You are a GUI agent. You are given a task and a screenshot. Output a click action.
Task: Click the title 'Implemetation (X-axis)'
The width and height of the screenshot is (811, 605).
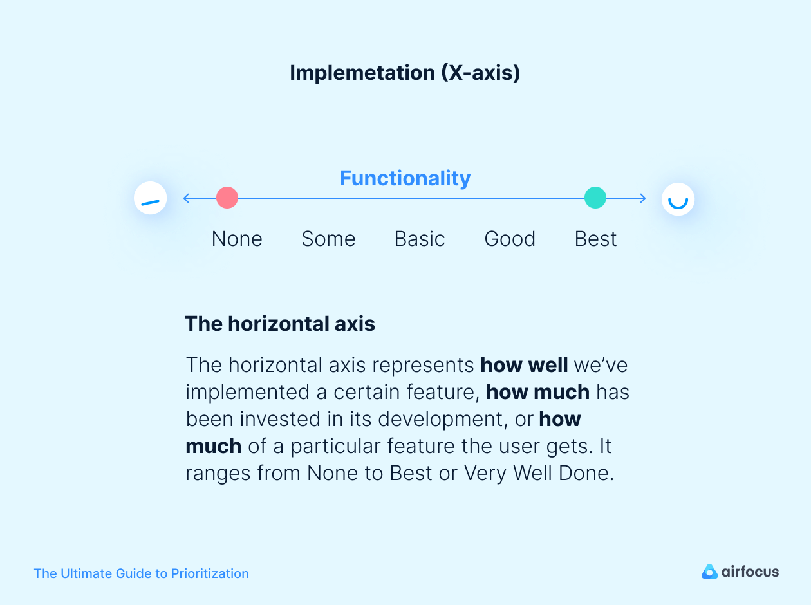(x=405, y=73)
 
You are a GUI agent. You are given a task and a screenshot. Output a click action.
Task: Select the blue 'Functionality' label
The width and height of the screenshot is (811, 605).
(x=405, y=178)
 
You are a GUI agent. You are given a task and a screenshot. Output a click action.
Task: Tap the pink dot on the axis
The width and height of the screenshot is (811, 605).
(x=227, y=198)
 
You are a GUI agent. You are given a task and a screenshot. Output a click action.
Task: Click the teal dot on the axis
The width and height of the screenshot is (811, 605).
(x=595, y=198)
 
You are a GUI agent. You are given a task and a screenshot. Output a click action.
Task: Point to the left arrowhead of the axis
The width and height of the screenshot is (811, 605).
(x=186, y=198)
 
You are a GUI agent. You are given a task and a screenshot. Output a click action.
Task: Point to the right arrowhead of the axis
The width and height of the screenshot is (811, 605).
(x=642, y=198)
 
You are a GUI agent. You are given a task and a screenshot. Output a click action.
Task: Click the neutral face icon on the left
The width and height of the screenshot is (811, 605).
(x=150, y=198)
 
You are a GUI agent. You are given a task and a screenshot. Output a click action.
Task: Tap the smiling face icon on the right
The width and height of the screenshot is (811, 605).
(x=678, y=199)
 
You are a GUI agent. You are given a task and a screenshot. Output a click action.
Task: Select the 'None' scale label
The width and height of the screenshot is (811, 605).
(x=237, y=239)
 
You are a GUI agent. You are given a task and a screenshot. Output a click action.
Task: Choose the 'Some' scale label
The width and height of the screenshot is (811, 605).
(x=328, y=239)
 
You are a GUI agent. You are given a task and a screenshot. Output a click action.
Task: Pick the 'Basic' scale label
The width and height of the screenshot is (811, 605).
(x=420, y=239)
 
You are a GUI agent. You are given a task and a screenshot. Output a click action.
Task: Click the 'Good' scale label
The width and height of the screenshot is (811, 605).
(x=510, y=239)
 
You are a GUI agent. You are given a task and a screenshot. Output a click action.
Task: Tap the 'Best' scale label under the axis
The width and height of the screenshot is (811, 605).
(x=595, y=239)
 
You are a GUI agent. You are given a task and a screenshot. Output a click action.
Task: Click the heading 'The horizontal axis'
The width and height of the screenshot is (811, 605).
(x=280, y=323)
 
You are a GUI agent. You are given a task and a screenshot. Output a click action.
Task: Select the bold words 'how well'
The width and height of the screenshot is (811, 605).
(x=524, y=365)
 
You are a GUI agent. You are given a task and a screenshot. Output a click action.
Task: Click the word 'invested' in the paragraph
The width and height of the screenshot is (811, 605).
(x=277, y=419)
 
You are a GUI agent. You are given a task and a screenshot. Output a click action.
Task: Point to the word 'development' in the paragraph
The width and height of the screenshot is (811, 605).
(x=440, y=419)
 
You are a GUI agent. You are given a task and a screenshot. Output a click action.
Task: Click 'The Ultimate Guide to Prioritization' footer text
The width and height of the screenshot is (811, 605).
(x=141, y=573)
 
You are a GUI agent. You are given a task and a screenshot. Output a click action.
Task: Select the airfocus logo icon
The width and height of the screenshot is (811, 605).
(x=709, y=572)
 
